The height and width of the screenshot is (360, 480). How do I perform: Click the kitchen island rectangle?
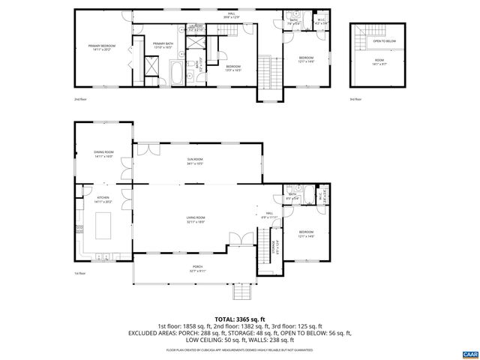(103, 224)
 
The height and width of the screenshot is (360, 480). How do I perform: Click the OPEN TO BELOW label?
(385, 42)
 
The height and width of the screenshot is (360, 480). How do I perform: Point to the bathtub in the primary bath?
(175, 73)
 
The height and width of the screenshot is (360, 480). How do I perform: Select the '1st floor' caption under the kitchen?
(79, 273)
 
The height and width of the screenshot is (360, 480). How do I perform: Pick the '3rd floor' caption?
(355, 98)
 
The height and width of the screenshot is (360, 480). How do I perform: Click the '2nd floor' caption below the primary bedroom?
(79, 98)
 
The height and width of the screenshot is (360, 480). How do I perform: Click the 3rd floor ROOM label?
(379, 61)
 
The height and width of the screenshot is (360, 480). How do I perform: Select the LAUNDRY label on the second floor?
(196, 26)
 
